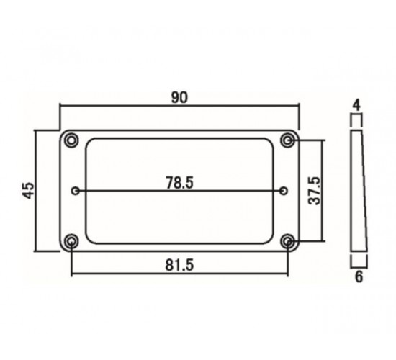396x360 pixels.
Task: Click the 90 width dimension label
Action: pos(179,97)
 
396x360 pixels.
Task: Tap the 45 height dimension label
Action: pos(28,191)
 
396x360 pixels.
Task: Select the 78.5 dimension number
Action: pos(179,183)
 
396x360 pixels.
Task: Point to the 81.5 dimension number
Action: pos(179,265)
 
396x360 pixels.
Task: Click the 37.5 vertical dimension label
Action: pos(315,191)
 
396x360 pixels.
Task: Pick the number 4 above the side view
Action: pos(356,105)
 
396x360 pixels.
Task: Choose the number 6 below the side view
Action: pos(359,277)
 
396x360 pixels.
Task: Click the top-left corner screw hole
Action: pos(71,140)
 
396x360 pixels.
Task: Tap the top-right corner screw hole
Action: pos(288,140)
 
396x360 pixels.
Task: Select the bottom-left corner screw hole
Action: pos(71,241)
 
